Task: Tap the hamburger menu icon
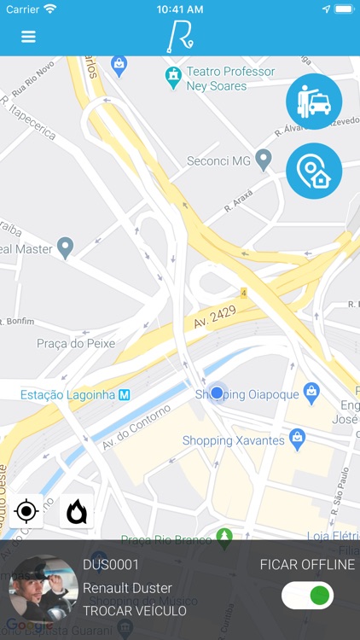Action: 28,37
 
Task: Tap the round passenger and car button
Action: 313,102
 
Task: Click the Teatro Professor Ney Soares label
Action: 230,79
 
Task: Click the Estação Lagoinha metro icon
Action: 125,394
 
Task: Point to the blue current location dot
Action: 217,393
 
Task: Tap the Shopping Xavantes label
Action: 233,440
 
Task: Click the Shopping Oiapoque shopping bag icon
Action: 311,392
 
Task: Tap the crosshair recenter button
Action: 26,511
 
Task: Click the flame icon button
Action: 77,511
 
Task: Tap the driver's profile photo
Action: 43,589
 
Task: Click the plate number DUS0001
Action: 111,565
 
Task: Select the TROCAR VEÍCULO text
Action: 135,610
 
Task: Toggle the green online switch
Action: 307,595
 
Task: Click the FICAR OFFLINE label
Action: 307,565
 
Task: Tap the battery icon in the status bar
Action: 343,9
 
